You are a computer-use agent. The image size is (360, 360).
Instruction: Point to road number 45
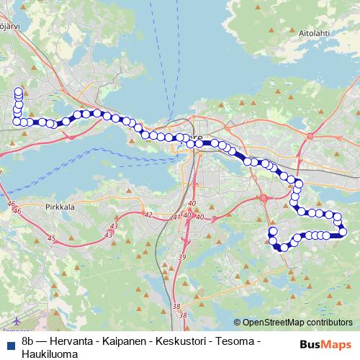pyautogui.click(x=50, y=238)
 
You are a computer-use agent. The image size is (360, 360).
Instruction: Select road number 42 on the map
pyautogui.click(x=148, y=215)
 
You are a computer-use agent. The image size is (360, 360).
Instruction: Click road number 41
pyautogui.click(x=178, y=217)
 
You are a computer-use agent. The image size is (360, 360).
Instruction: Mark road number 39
pyautogui.click(x=182, y=257)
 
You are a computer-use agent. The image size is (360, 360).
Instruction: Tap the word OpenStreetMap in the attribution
pyautogui.click(x=273, y=323)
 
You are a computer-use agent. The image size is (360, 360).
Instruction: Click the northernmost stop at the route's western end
pyautogui.click(x=18, y=91)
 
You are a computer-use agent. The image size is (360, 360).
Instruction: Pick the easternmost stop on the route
pyautogui.click(x=343, y=231)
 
